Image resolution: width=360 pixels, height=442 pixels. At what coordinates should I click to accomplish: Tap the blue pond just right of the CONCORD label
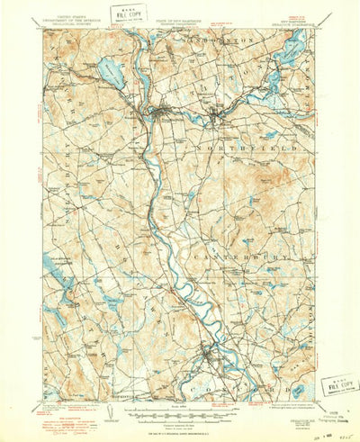(298, 390)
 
